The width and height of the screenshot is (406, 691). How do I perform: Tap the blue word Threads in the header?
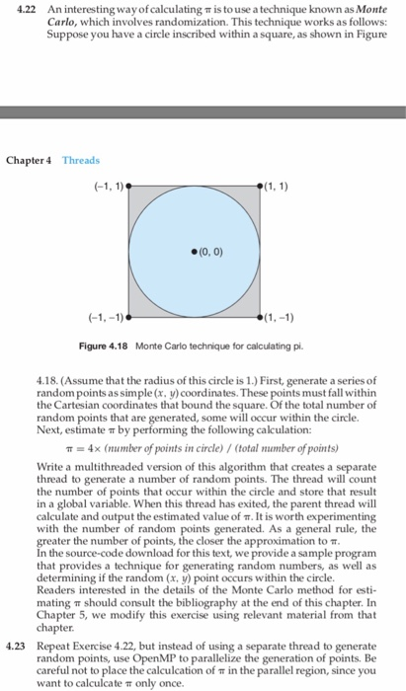pyautogui.click(x=82, y=159)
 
